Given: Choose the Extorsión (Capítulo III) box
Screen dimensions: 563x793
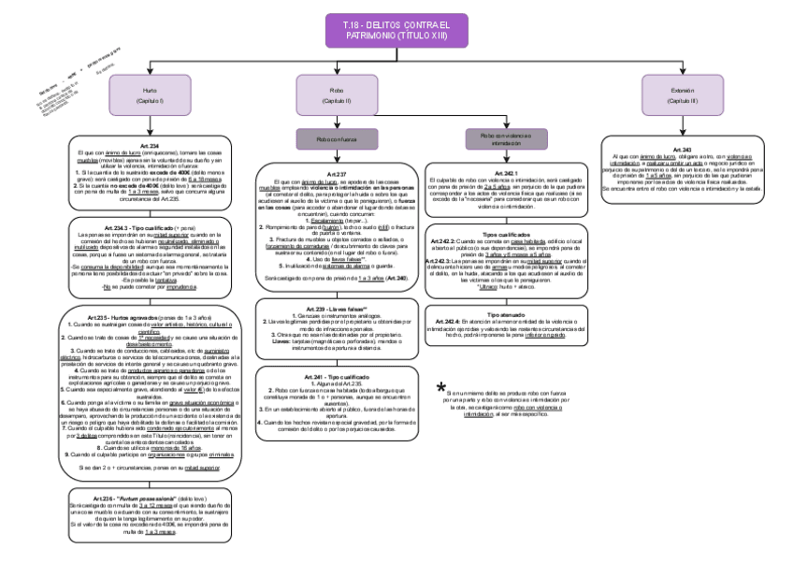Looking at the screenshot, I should [681, 94].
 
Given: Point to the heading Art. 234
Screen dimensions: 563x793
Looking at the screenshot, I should [151, 146].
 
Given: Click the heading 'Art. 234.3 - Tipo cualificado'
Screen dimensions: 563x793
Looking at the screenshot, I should [151, 227].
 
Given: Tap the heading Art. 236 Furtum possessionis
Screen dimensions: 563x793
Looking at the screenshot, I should [151, 497].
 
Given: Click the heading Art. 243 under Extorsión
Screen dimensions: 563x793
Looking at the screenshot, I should [681, 150].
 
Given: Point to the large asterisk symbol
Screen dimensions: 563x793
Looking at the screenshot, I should [441, 387].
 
